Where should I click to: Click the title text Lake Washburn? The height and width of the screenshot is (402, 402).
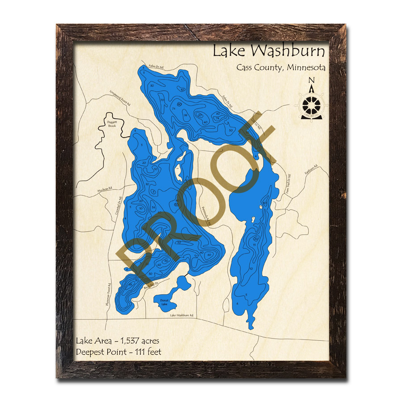268,50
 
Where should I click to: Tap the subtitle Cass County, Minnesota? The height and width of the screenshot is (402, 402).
281,68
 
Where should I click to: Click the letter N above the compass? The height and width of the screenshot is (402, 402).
311,81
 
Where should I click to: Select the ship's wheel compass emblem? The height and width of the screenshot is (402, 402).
312,105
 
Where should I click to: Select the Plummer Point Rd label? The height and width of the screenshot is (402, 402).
108,295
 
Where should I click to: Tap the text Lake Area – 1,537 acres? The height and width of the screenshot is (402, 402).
117,341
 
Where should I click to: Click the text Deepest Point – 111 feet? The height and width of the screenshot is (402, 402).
118,352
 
